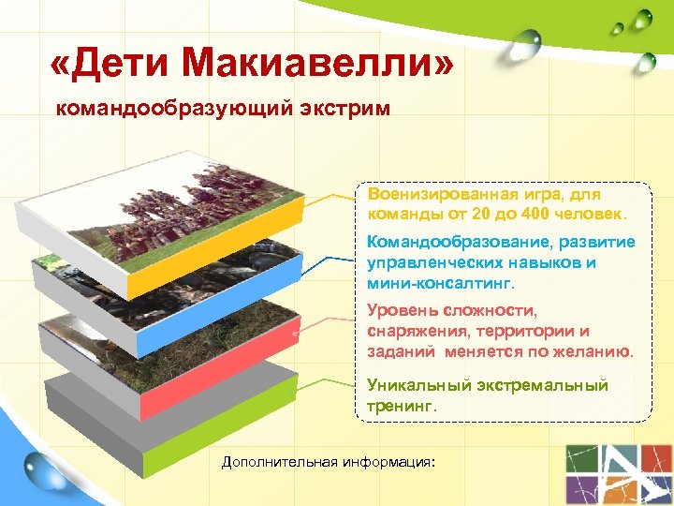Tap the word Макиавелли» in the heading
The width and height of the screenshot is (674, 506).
(319, 64)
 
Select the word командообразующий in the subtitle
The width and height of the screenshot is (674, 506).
(177, 111)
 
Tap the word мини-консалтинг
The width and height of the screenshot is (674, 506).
(440, 282)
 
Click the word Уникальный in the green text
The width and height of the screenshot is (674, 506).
(413, 385)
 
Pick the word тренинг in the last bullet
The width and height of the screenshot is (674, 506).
(402, 407)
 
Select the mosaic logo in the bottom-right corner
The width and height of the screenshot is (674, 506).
(617, 473)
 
